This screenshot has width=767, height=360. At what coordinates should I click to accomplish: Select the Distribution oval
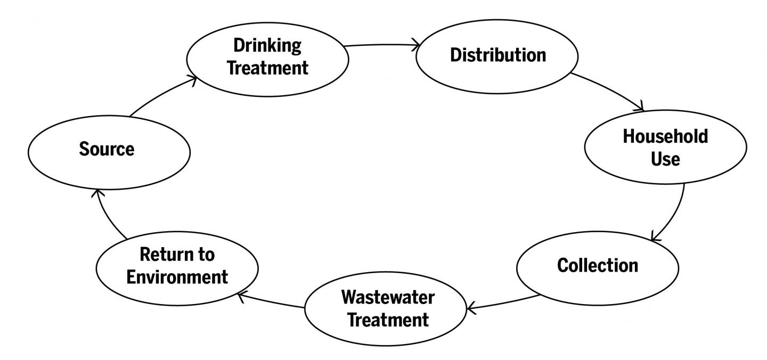click(x=497, y=55)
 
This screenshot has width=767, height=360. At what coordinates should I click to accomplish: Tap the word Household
click(x=665, y=136)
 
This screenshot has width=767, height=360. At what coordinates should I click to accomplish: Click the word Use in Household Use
click(x=665, y=159)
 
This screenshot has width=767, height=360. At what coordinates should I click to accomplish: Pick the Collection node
click(x=597, y=265)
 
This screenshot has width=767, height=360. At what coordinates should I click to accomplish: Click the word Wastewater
click(x=388, y=297)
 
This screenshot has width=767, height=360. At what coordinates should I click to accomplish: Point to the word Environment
click(x=178, y=277)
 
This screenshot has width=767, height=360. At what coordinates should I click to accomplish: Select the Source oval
click(x=107, y=150)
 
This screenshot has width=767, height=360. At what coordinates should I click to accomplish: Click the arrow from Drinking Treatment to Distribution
click(x=381, y=45)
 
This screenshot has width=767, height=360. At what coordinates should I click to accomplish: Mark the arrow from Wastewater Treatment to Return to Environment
click(x=272, y=300)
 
